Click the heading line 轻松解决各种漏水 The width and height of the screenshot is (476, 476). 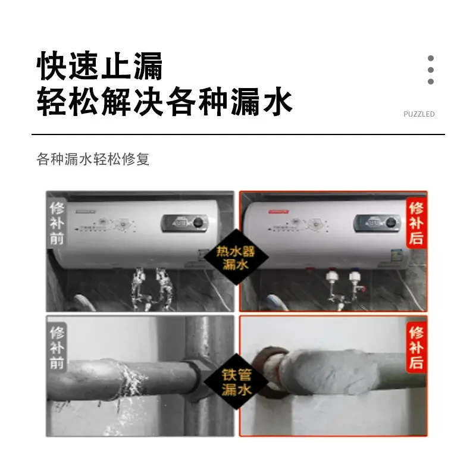point(164,102)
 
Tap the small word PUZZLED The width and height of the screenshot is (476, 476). point(419,114)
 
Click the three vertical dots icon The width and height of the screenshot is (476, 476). point(431,70)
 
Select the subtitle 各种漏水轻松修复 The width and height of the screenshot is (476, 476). point(93,159)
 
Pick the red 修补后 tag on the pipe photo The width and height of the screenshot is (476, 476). point(416,347)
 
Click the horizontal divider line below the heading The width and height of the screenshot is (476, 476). point(238,134)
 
